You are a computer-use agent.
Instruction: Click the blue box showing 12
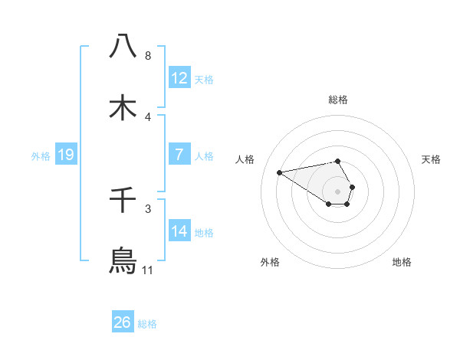pyautogui.click(x=179, y=77)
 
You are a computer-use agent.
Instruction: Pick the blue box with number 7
pyautogui.click(x=179, y=155)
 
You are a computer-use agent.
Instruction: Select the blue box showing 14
pyautogui.click(x=179, y=231)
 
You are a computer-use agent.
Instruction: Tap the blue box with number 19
pyautogui.click(x=66, y=155)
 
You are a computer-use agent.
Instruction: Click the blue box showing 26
pyautogui.click(x=123, y=322)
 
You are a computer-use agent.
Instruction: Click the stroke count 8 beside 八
pyautogui.click(x=147, y=56)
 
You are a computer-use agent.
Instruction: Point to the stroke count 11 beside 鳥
pyautogui.click(x=147, y=270)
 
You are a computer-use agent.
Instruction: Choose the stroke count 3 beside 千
pyautogui.click(x=147, y=209)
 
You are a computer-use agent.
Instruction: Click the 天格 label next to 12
pyautogui.click(x=204, y=79)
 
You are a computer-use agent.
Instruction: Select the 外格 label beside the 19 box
pyautogui.click(x=41, y=156)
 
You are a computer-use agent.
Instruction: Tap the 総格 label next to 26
pyautogui.click(x=147, y=324)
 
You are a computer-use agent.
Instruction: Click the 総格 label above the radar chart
pyautogui.click(x=338, y=100)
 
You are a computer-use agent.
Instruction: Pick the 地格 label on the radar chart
pyautogui.click(x=402, y=262)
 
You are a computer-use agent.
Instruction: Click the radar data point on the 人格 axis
pyautogui.click(x=280, y=172)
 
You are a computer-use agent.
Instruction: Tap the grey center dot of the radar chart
pyautogui.click(x=338, y=191)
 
